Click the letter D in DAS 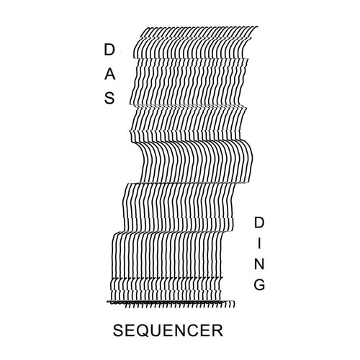tap(109, 50)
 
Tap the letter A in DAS tap(109, 74)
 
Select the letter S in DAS tap(109, 98)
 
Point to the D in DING tap(259, 222)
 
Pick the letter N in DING tap(259, 264)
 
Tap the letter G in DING tap(259, 284)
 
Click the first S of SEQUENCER tap(118, 330)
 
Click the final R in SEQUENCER tap(217, 330)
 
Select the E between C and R tap(206, 330)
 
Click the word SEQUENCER tap(168, 330)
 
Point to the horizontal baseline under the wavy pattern tap(171, 301)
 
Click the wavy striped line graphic tap(182, 166)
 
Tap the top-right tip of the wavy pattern tap(258, 27)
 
